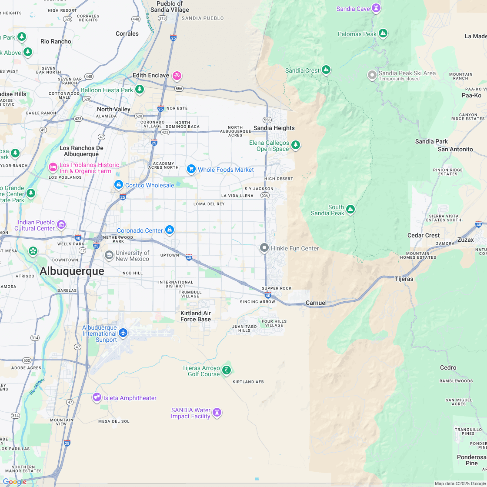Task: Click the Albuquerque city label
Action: pos(72,271)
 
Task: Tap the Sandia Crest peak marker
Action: pos(326,70)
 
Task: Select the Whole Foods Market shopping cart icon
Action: pos(191,169)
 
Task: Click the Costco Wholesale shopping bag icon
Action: pos(118,185)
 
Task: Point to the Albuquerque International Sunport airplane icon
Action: pos(123,333)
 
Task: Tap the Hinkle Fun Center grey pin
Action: pos(264,248)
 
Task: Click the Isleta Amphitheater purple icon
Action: pos(97,397)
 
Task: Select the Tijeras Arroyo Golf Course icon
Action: pos(226,370)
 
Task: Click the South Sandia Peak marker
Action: pos(350,210)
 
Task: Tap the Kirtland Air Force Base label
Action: pos(196,316)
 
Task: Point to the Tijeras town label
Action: pos(404,279)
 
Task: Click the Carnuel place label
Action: pos(316,303)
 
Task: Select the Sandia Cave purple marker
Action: pos(376,8)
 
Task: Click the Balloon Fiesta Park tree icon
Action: pos(140,90)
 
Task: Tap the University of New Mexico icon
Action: pos(109,255)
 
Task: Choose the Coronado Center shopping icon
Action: pos(170,230)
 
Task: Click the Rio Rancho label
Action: pos(56,41)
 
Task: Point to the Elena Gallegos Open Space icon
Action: pos(296,145)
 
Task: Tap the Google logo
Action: pos(14,481)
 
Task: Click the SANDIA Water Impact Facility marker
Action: pos(217,413)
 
